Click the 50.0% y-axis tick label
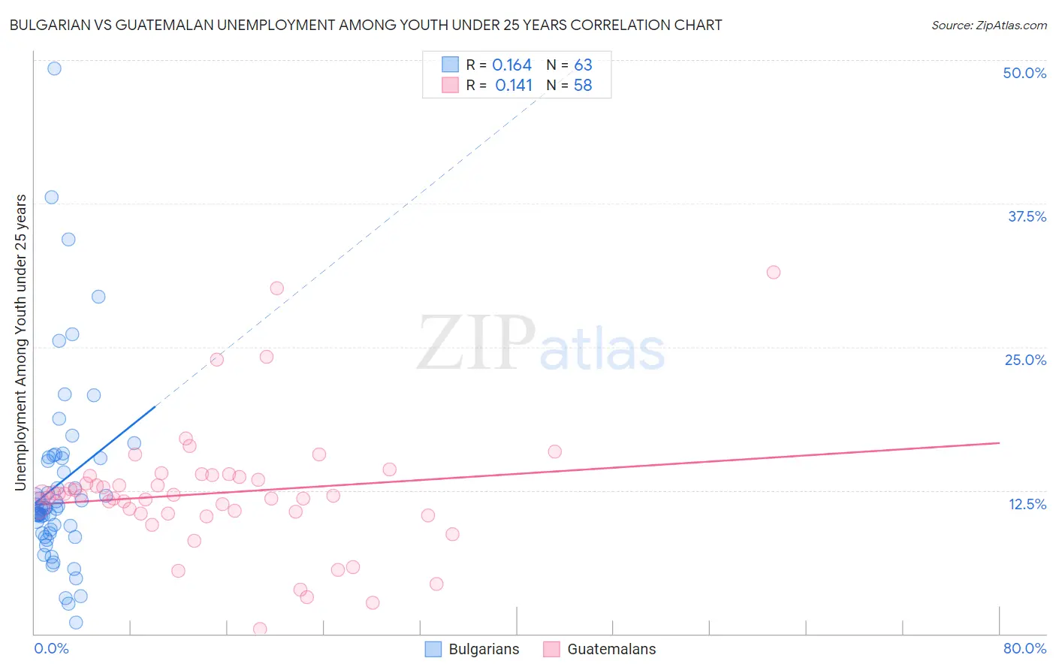1024,73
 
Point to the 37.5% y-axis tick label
1027,216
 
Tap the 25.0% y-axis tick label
1025,360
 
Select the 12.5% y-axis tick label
1027,503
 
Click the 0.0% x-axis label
51,648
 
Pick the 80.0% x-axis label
1024,648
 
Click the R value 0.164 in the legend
511,65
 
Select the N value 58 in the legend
583,86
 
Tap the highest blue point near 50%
54,68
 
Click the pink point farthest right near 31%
774,272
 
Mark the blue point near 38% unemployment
51,197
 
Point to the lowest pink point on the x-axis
260,629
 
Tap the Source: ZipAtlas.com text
988,26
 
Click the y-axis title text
20,343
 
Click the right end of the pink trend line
999,443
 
